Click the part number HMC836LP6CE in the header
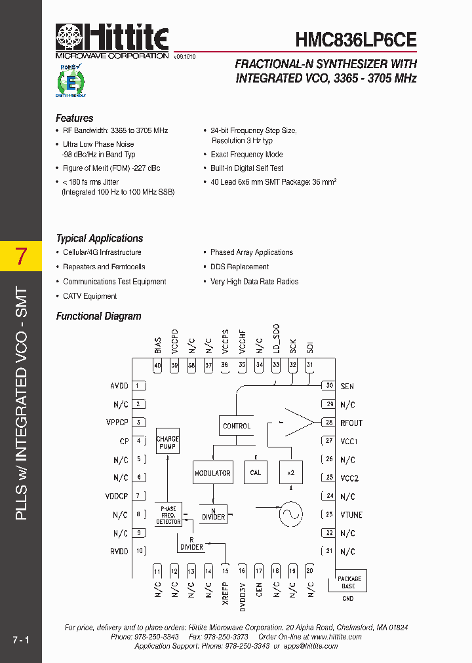[356, 40]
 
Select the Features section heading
[75, 119]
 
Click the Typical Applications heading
[100, 238]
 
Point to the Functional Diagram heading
[99, 316]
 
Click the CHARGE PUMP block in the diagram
[168, 444]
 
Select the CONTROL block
[237, 426]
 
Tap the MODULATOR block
[212, 472]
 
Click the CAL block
[256, 472]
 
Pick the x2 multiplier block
[290, 472]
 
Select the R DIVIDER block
[191, 544]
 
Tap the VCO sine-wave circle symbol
[290, 514]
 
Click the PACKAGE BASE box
[349, 582]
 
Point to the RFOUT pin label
[351, 423]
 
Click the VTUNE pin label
[351, 515]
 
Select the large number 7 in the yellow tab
[21, 257]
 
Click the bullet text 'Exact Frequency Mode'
[246, 155]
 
